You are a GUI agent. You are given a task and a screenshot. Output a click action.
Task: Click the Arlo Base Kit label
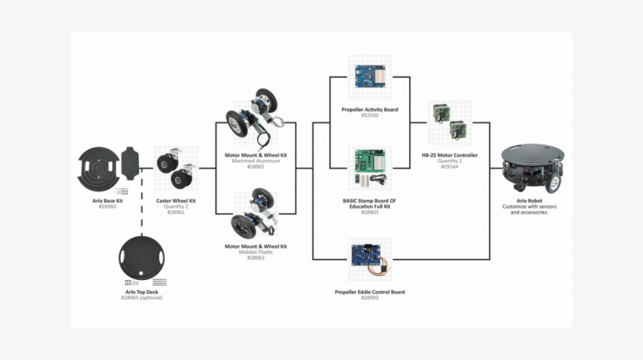point(107,201)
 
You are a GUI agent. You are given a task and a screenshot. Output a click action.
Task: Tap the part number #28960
point(107,207)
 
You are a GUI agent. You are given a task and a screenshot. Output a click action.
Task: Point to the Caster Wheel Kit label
point(176,201)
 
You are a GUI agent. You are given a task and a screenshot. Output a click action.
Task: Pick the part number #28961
point(176,213)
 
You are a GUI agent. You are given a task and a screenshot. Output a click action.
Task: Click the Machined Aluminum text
point(256,161)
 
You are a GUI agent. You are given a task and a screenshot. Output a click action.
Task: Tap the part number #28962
point(256,167)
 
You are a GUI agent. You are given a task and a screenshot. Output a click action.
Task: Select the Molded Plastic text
point(256,252)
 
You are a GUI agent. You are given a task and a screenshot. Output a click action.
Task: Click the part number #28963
point(256,258)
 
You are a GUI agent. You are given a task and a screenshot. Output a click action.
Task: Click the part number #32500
point(369,115)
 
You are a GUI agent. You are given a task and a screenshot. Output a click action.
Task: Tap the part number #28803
point(369,213)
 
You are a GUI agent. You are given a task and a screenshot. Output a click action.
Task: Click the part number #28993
point(369,298)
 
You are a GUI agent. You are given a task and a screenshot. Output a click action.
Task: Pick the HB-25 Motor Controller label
point(449,155)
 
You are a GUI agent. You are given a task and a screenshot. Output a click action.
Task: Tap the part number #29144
point(449,167)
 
